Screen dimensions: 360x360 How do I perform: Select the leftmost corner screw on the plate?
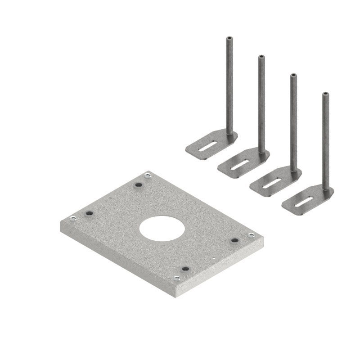click(73, 219)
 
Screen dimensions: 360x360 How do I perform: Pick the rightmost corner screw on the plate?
click(251, 235)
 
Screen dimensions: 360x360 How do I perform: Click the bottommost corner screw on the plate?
click(177, 279)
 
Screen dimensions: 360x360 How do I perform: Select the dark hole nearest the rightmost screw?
click(234, 241)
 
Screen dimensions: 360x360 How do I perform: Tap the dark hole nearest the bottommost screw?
click(185, 269)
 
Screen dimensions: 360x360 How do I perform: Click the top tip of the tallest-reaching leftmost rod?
click(229, 38)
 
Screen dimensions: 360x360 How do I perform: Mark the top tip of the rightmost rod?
click(325, 94)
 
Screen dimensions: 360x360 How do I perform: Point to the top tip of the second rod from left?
click(261, 57)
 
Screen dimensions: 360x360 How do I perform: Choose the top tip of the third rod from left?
click(293, 75)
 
